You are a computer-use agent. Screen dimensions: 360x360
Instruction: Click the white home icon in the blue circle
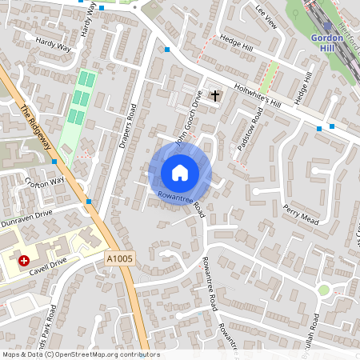(180, 172)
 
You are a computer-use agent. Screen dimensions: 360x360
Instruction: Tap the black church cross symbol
(214, 95)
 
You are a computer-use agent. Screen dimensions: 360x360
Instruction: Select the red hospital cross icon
(25, 261)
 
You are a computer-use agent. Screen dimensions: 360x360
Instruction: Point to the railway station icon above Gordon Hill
(327, 26)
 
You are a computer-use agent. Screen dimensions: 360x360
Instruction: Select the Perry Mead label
(301, 214)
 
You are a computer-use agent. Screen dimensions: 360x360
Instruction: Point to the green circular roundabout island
(324, 290)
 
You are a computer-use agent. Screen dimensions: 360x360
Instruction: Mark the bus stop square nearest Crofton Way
(54, 162)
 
